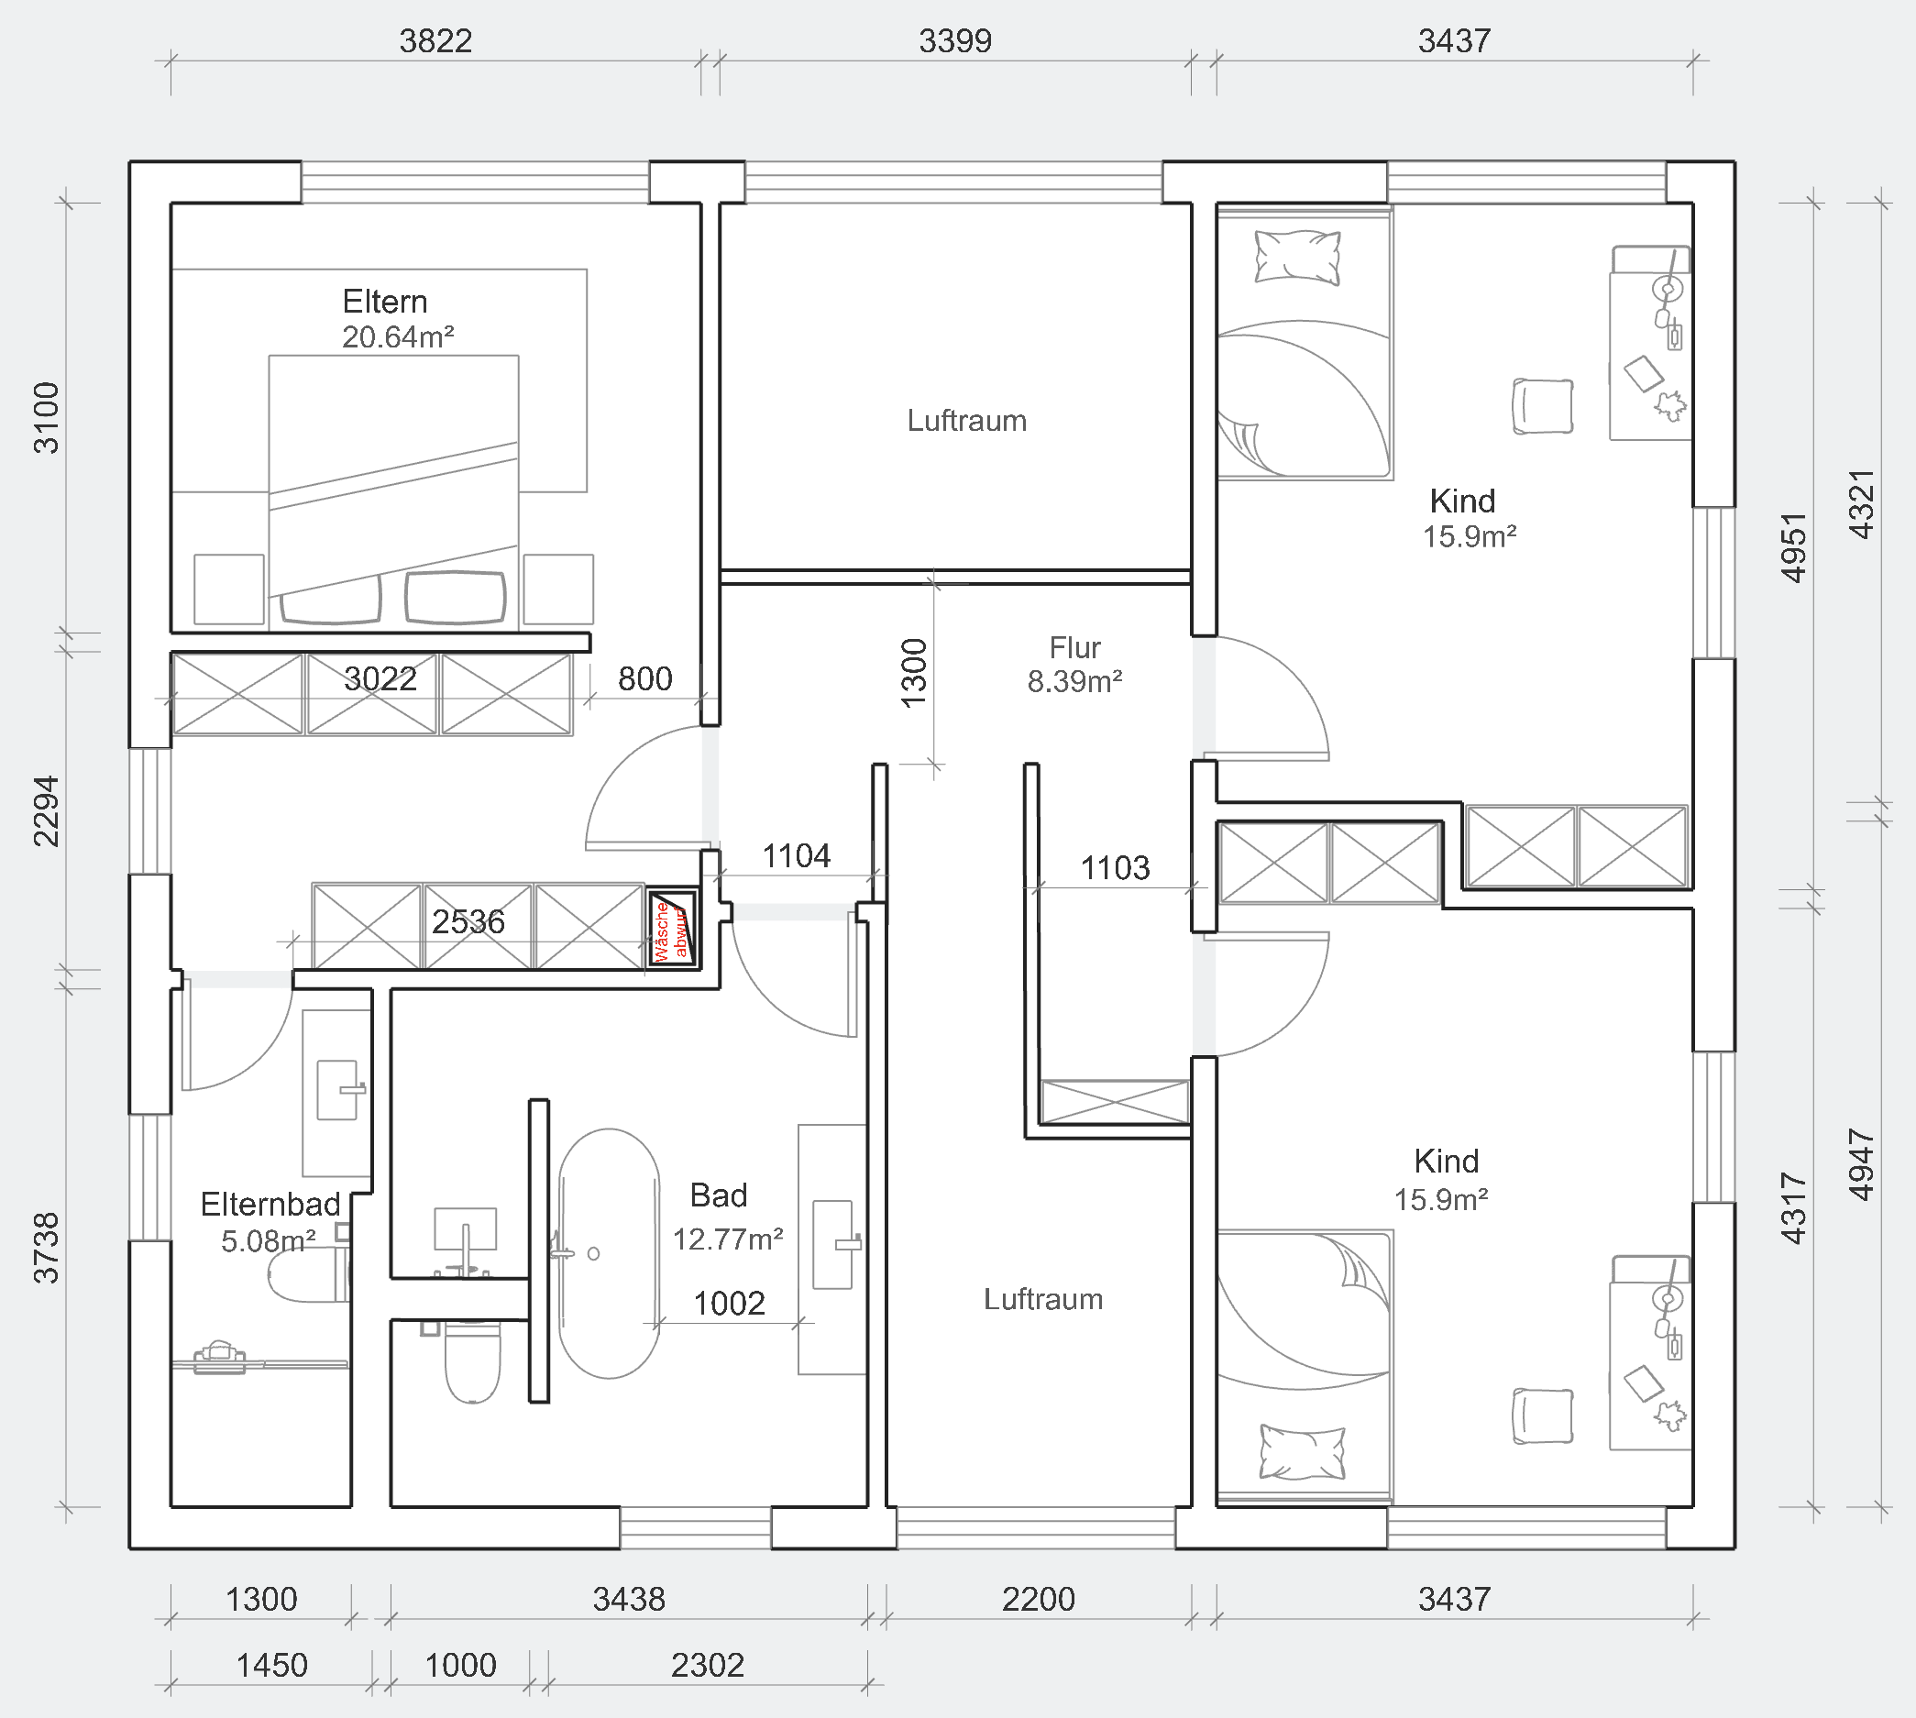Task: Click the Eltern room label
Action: (384, 301)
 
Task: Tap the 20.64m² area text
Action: (397, 337)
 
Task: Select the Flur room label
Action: (1074, 647)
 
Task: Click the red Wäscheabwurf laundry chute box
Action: (672, 928)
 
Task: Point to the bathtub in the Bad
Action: (609, 1253)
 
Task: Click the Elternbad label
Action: (270, 1205)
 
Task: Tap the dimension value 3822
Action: (435, 40)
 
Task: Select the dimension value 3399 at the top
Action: (955, 40)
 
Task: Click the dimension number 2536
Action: (468, 921)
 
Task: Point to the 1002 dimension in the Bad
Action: (729, 1304)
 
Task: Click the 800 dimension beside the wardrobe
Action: (644, 678)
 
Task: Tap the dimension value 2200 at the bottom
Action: (1039, 1599)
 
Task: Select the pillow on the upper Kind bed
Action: (1297, 257)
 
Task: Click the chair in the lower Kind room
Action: (1542, 1416)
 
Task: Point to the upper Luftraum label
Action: (966, 420)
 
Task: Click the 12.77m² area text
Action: (728, 1239)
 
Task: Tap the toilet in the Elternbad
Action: (308, 1274)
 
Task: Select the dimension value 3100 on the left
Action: (46, 418)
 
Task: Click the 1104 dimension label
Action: (796, 856)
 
